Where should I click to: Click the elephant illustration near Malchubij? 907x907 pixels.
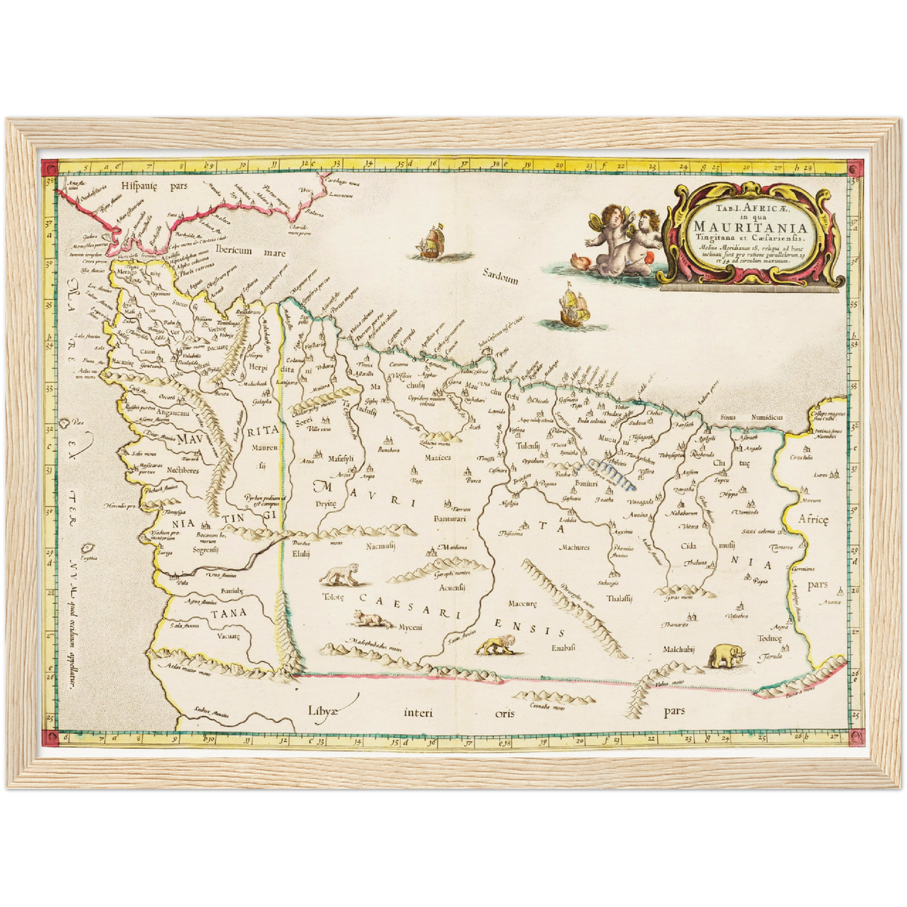click(727, 656)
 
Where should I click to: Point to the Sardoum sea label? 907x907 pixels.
click(500, 276)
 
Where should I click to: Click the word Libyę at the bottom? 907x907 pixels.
click(323, 711)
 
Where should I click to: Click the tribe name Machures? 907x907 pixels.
click(574, 547)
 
